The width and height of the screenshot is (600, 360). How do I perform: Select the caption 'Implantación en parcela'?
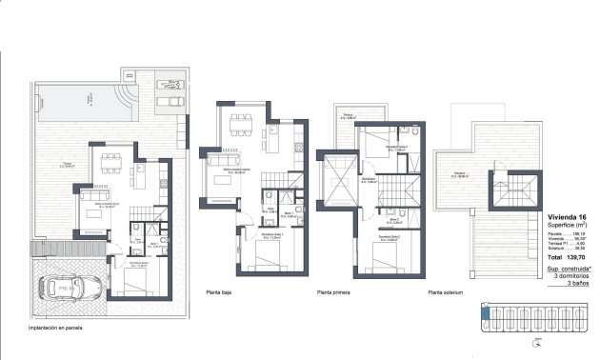(35, 328)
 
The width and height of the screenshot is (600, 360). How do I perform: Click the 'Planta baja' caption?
(221, 293)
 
